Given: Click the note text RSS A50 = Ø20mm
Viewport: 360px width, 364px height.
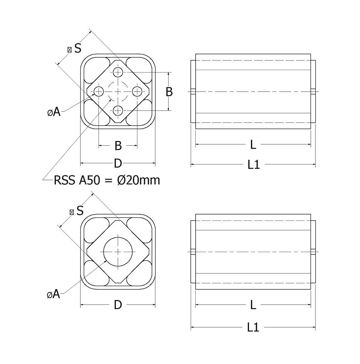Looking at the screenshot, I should click(106, 180).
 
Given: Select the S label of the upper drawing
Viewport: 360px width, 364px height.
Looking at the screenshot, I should click(78, 48).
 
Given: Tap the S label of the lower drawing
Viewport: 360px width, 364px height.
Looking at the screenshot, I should click(80, 210).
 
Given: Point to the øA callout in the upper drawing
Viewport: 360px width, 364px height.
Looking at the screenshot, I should click(54, 112).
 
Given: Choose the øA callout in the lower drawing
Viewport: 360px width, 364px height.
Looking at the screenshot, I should click(54, 294).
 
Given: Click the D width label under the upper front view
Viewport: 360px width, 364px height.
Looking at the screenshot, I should click(118, 164).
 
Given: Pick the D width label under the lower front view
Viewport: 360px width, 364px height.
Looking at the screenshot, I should click(118, 305).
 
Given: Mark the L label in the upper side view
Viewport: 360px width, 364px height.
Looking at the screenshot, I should click(253, 145).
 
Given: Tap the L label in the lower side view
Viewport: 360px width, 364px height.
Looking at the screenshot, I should click(253, 305).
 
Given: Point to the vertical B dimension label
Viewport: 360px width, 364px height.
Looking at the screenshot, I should click(169, 91).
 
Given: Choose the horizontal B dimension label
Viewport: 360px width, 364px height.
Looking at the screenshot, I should click(118, 146).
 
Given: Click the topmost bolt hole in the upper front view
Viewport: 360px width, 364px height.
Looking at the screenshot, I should click(118, 72).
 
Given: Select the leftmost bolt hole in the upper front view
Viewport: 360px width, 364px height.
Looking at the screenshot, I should click(99, 91).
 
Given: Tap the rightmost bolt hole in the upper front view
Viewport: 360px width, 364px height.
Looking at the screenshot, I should click(137, 91).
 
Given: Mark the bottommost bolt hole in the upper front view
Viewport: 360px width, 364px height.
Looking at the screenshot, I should click(118, 110).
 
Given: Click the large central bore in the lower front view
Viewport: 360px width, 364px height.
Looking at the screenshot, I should click(118, 251).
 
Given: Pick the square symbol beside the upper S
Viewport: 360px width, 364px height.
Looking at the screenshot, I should click(69, 49).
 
